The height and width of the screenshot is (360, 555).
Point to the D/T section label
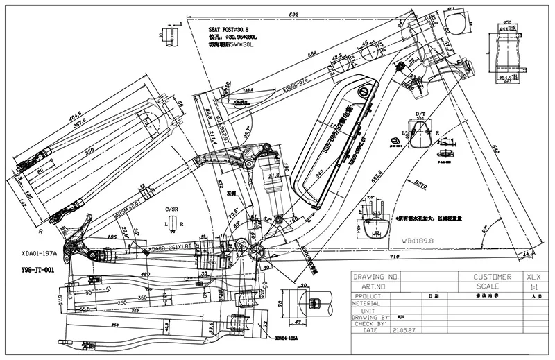[x=420, y=113]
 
